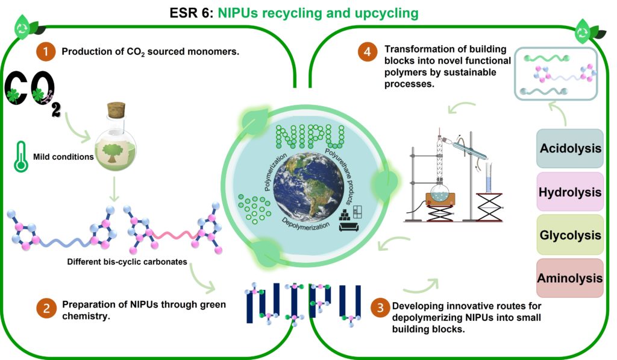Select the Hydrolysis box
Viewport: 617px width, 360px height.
[x=570, y=192]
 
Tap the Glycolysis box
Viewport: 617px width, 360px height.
[x=570, y=235]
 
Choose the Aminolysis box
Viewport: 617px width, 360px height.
[x=570, y=278]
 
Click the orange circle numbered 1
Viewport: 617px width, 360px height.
[x=46, y=51]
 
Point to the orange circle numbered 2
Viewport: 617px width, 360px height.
[x=46, y=309]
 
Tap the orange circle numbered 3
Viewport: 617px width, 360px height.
[x=380, y=309]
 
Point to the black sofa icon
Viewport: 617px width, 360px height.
[x=348, y=226]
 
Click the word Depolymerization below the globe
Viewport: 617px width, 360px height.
[x=306, y=225]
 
